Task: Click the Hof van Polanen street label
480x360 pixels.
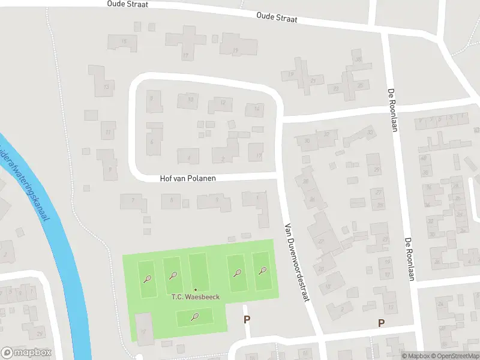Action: (187, 179)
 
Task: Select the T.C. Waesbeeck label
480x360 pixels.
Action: (196, 298)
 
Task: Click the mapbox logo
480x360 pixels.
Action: (26, 352)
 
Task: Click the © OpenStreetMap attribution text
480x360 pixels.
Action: (456, 356)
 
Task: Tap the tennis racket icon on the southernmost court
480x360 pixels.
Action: (194, 317)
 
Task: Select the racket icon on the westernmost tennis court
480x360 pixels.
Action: (147, 278)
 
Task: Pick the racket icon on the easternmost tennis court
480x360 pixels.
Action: (262, 271)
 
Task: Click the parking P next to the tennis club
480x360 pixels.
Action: (247, 320)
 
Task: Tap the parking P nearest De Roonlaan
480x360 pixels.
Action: (380, 323)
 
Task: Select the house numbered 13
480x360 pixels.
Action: (106, 87)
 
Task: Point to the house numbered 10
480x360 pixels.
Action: (190, 100)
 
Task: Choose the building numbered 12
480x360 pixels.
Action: (222, 103)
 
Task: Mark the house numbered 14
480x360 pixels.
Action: (256, 109)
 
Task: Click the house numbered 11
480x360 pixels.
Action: (107, 131)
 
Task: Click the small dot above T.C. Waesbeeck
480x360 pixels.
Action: (195, 290)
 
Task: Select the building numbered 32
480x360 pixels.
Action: (327, 134)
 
